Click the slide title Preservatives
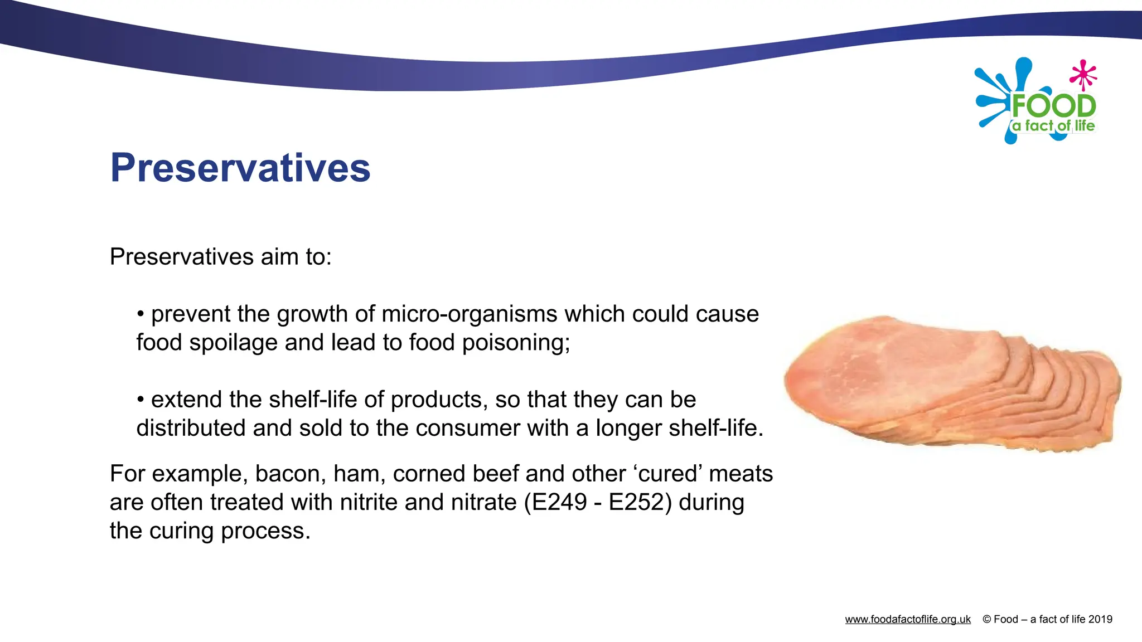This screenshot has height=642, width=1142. (x=240, y=168)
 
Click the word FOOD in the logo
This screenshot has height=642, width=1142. (x=1053, y=106)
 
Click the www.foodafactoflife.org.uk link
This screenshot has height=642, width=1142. (x=907, y=619)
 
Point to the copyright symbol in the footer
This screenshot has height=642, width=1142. (x=986, y=619)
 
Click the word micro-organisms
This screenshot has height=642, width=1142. (x=470, y=314)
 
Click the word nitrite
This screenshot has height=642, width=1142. (x=369, y=502)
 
